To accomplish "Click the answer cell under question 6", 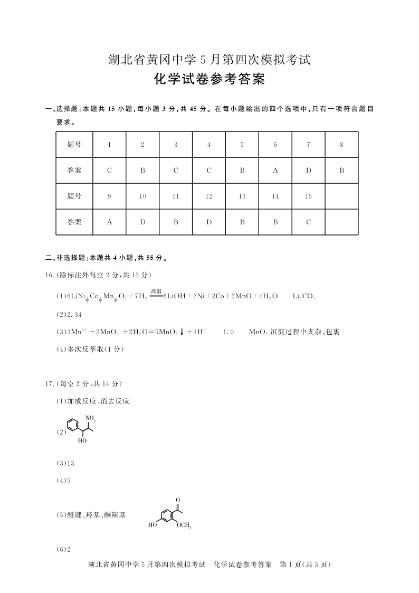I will pos(275,171).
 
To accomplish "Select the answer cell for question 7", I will pos(308,171).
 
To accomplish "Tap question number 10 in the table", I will pos(142,196).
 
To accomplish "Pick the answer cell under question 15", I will pos(308,222).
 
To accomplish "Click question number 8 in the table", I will pos(341,145).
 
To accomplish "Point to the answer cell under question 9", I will pos(109,222).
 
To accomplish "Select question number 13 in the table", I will pos(242,196).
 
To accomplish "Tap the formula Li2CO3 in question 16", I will pos(303,296).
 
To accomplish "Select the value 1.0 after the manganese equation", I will pos(228,332).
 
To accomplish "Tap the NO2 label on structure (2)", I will pos(91,419).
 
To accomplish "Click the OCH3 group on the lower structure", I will pos(184,525).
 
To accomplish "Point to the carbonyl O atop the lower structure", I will pos(178,500).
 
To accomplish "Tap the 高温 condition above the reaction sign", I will pos(156,291).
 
